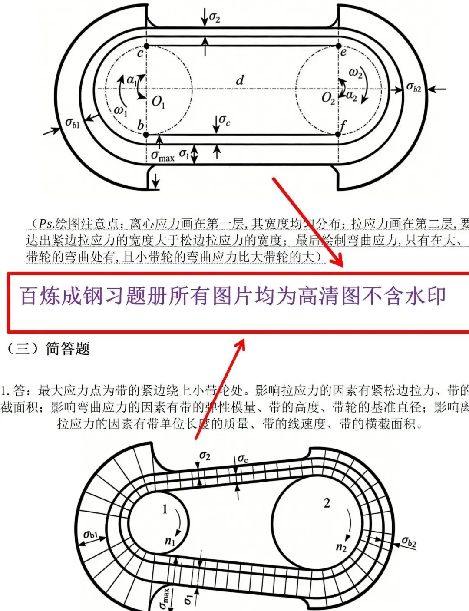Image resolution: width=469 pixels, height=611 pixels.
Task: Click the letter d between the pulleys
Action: (x=240, y=80)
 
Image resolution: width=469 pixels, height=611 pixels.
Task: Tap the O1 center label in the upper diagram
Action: (x=158, y=102)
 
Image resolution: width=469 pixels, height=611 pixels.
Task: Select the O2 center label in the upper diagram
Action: (x=328, y=98)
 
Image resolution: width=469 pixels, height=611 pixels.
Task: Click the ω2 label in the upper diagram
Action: (x=355, y=73)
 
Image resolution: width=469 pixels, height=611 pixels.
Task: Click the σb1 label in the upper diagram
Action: (x=73, y=123)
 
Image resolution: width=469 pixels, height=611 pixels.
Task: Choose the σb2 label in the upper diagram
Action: (x=414, y=87)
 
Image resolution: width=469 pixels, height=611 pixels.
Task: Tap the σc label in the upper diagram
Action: (x=225, y=119)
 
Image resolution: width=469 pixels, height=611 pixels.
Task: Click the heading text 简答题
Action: (x=68, y=349)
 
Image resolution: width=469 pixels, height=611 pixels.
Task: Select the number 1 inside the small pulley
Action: (x=165, y=509)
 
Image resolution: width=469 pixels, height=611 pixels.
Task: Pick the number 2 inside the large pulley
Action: (x=327, y=503)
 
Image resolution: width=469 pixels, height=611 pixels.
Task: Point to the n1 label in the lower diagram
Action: (x=170, y=541)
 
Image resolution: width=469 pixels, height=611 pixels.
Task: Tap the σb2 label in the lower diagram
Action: (x=409, y=542)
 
